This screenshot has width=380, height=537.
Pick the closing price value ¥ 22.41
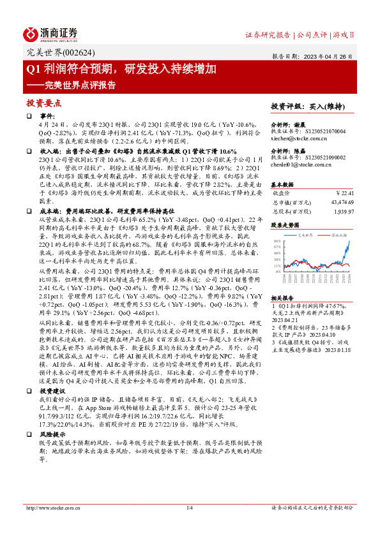[344, 192]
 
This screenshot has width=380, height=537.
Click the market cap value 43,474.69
[340, 202]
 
